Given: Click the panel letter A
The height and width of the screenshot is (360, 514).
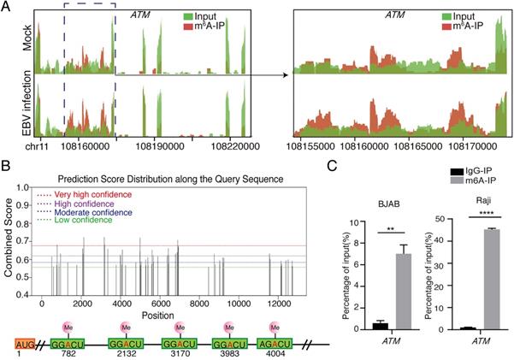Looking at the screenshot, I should [x=7, y=7].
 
